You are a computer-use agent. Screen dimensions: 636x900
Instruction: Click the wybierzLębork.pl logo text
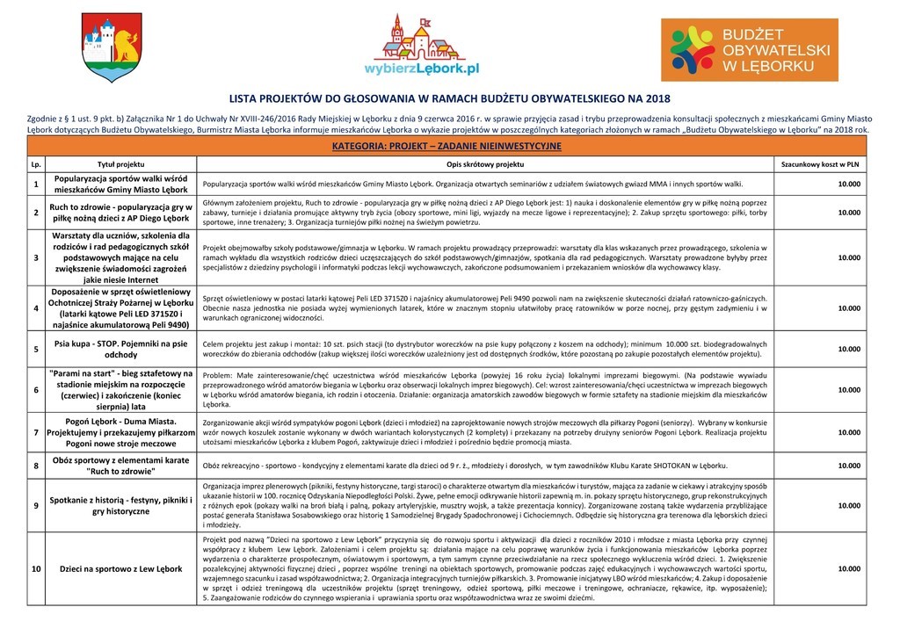click(422, 66)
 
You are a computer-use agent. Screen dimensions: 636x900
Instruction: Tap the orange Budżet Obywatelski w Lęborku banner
click(750, 50)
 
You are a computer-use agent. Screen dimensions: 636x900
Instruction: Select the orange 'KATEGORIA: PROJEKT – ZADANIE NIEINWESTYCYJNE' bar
click(449, 145)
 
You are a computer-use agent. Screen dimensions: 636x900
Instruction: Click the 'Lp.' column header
click(36, 164)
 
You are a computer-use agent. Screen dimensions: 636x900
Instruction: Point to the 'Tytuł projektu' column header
click(120, 164)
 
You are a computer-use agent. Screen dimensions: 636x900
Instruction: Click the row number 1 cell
click(36, 184)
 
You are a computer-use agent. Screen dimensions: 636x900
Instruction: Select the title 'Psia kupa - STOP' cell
click(120, 349)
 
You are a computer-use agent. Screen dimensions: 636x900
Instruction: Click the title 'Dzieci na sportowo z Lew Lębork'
click(120, 569)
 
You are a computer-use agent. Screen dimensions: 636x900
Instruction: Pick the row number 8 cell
click(36, 465)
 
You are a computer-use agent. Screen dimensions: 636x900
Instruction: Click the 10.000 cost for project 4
click(848, 308)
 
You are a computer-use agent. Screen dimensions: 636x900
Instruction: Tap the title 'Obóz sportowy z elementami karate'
click(120, 465)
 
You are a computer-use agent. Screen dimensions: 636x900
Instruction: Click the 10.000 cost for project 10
click(848, 569)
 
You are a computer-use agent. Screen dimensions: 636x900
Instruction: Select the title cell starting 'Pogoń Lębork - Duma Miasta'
click(120, 432)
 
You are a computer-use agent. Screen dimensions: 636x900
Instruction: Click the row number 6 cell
click(36, 389)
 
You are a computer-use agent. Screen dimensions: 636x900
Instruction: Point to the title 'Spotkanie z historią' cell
click(120, 505)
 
